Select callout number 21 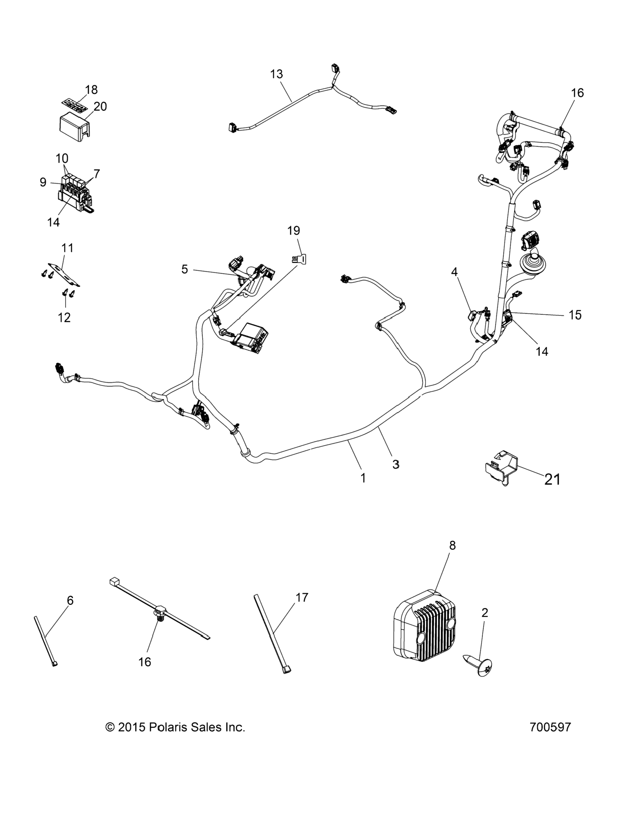(552, 480)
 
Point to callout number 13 (276, 74)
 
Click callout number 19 (294, 231)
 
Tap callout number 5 (185, 269)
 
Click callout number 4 (454, 272)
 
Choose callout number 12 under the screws (64, 317)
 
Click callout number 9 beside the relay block (43, 182)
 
